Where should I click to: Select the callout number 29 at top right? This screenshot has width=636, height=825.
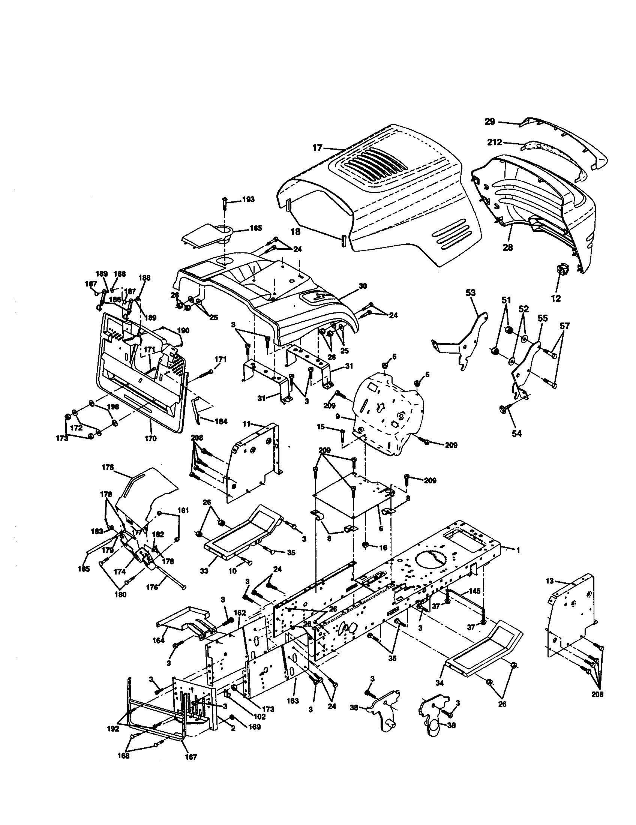click(x=490, y=121)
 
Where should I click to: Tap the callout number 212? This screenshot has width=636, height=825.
click(x=494, y=142)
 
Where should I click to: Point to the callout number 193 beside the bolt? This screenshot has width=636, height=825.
click(x=249, y=199)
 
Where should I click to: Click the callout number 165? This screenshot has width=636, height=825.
click(x=256, y=228)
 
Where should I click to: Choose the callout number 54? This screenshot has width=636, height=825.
click(x=516, y=433)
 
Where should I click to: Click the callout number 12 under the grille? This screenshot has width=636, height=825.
click(x=555, y=298)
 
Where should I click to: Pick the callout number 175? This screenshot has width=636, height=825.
click(x=108, y=467)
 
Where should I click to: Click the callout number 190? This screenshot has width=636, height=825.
click(x=183, y=330)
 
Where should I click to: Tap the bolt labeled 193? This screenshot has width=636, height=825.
click(x=224, y=207)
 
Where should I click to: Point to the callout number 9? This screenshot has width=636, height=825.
click(x=338, y=416)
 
